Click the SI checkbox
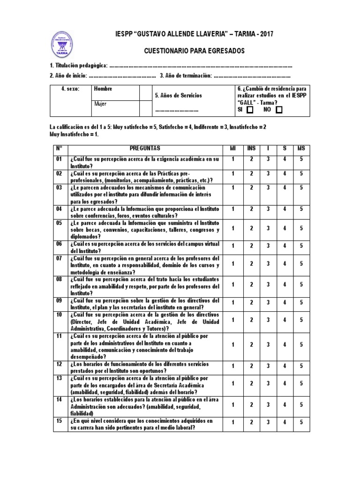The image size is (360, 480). point(250,110)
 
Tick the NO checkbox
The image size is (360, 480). point(279,110)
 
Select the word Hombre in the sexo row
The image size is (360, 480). point(103,89)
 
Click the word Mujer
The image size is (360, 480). point(101,104)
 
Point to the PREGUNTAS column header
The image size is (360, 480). point(146,149)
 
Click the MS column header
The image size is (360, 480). point(301,149)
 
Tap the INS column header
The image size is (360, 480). point(251,149)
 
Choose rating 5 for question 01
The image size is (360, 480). point(301,159)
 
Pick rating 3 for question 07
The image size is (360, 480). point(268,264)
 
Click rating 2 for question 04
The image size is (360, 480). point(251,209)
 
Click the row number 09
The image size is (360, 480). point(59,300)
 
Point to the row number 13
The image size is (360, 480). point(59,378)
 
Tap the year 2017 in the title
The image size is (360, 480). point(265,34)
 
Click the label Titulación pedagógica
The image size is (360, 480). point(79,66)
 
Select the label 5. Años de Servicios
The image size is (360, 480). point(179,96)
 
